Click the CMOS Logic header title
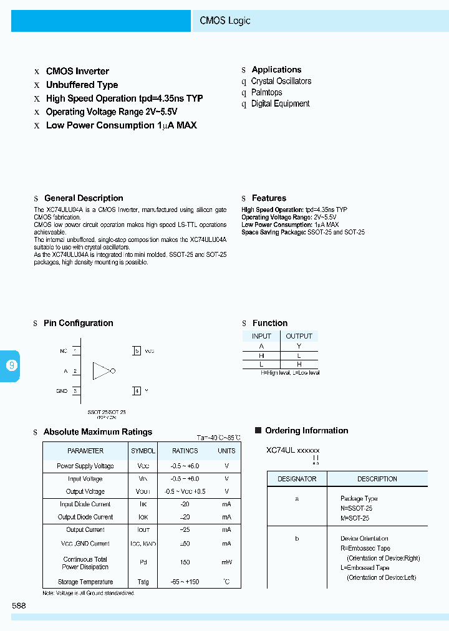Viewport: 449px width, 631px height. (x=225, y=21)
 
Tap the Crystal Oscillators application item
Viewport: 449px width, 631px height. (x=281, y=81)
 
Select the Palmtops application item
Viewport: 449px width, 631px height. (x=266, y=92)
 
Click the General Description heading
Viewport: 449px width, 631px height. (x=84, y=198)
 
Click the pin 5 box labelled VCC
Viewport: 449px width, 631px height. (x=137, y=351)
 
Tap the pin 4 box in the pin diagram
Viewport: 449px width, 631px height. (x=137, y=391)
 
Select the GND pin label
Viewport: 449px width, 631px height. (x=62, y=391)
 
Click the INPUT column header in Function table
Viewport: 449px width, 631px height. (x=261, y=336)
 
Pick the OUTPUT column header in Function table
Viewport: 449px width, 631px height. (x=299, y=336)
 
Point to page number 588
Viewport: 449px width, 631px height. (x=19, y=605)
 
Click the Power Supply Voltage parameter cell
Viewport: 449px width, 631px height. (x=85, y=466)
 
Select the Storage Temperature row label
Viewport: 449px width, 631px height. (x=85, y=582)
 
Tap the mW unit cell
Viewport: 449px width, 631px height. (x=226, y=562)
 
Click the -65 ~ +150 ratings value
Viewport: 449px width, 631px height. (x=185, y=582)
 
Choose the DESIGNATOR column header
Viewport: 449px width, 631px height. (x=297, y=479)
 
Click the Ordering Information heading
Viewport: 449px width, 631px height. (x=306, y=431)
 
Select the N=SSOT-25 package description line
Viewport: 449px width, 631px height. (x=356, y=508)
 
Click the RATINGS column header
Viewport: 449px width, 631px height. (x=185, y=451)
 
